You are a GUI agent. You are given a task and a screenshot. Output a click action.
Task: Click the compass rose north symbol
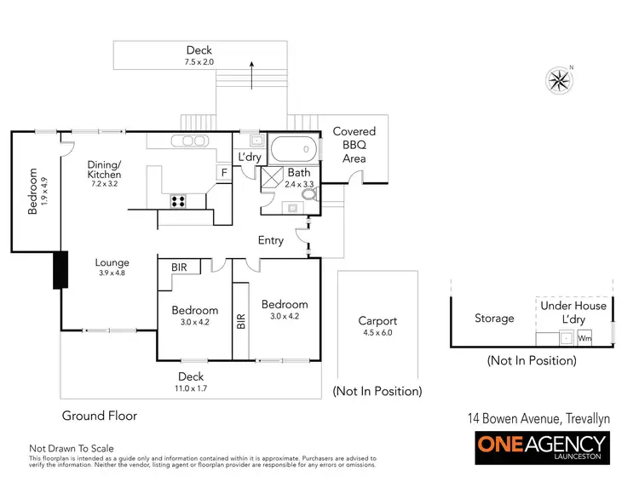tap(560, 80)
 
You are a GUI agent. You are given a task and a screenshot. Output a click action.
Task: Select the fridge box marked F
tap(223, 173)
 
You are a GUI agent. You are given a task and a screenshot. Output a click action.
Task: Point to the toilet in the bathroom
tap(308, 195)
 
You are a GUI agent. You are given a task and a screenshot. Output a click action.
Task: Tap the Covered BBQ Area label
tap(354, 145)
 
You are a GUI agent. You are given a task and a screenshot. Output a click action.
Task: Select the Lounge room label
tap(112, 263)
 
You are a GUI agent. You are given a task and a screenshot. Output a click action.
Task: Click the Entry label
tap(271, 241)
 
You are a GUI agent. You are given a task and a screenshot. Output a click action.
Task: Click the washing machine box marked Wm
tap(584, 338)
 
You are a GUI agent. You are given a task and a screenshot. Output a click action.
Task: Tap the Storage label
tap(494, 319)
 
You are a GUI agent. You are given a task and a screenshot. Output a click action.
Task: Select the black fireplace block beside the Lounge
tap(60, 270)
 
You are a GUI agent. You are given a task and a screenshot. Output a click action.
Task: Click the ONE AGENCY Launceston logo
tap(541, 448)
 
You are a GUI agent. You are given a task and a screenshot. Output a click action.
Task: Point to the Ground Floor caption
tap(99, 416)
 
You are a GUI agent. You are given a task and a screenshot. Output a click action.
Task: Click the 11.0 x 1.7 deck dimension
tap(191, 388)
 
